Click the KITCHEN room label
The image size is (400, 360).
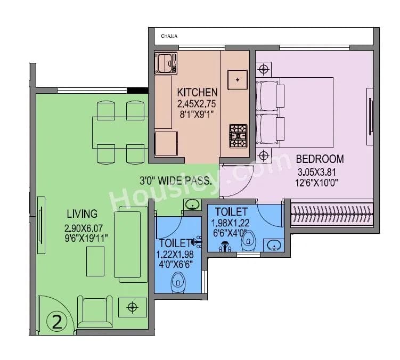click(x=197, y=92)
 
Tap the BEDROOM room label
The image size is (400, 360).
click(x=320, y=159)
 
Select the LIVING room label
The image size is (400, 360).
click(x=82, y=214)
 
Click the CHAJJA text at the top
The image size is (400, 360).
click(x=169, y=37)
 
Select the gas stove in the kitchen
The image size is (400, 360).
click(x=238, y=135)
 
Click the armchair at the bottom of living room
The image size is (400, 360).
click(x=95, y=312)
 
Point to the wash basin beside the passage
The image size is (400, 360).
click(x=191, y=204)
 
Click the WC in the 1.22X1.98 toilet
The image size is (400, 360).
click(x=178, y=280)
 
